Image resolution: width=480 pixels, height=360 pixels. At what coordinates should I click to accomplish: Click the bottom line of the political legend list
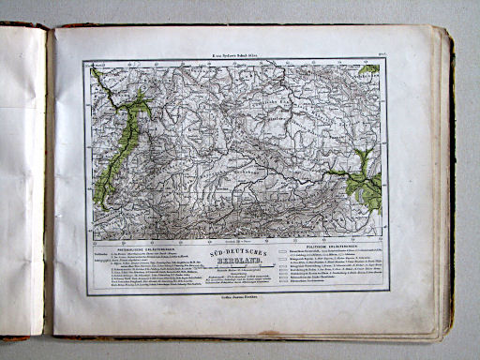point(319,289)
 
